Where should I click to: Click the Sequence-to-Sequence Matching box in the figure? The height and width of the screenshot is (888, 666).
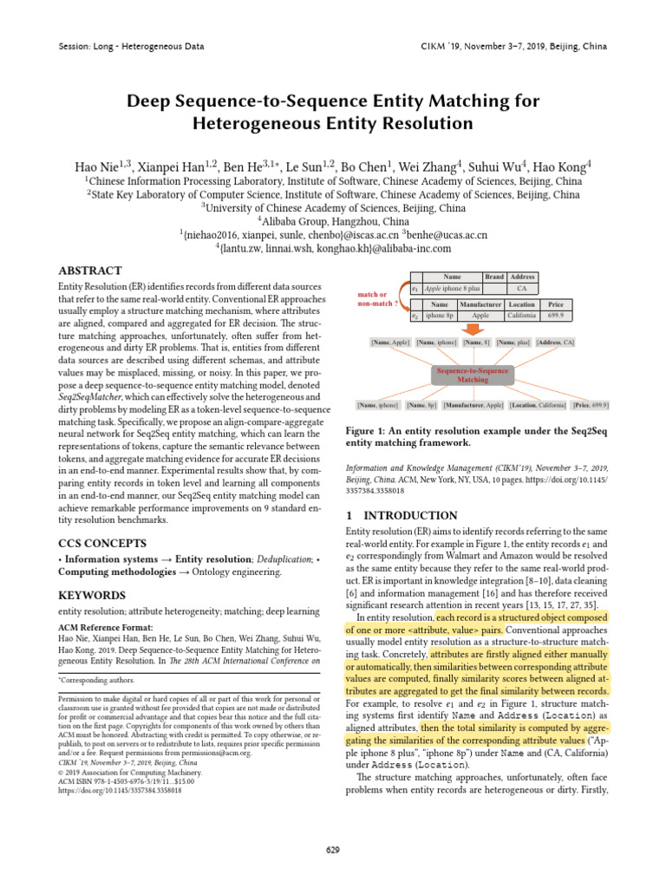(473, 374)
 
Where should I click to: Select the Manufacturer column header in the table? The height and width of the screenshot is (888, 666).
(480, 305)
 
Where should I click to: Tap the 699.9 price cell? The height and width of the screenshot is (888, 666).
(555, 317)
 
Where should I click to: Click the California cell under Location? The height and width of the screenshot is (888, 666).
(522, 317)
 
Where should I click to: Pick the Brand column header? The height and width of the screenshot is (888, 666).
(494, 277)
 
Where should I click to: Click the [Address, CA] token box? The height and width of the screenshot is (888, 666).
(555, 343)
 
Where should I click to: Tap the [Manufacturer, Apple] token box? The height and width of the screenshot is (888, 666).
(473, 405)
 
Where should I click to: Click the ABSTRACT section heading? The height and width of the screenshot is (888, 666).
(89, 271)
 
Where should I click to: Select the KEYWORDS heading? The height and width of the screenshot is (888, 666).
(91, 595)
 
